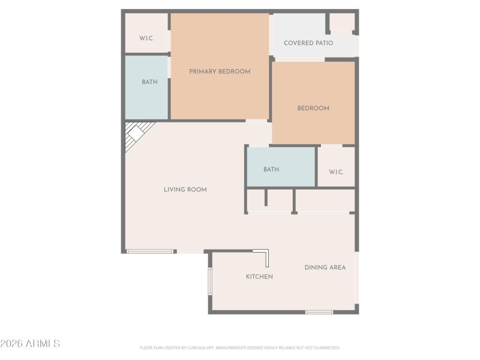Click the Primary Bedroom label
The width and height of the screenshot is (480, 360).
click(220, 71)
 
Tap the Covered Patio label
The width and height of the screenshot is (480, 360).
click(308, 43)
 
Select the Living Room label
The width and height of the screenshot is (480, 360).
click(185, 190)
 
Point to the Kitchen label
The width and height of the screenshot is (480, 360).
click(259, 277)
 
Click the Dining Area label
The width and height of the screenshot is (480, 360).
click(325, 268)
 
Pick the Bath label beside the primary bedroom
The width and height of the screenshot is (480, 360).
click(150, 82)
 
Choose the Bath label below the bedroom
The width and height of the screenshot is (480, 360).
click(271, 170)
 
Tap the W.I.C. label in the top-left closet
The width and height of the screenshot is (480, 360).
click(147, 38)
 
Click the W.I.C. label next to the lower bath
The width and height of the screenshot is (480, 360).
click(336, 172)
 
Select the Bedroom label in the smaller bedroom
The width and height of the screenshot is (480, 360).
click(313, 109)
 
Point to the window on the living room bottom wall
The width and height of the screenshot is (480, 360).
click(151, 251)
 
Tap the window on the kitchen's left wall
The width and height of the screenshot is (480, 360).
click(210, 281)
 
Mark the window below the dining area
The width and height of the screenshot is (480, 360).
click(319, 312)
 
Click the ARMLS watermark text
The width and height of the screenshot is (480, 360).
click(30, 344)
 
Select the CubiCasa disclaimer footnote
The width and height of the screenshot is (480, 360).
click(240, 347)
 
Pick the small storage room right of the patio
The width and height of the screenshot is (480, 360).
click(342, 22)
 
